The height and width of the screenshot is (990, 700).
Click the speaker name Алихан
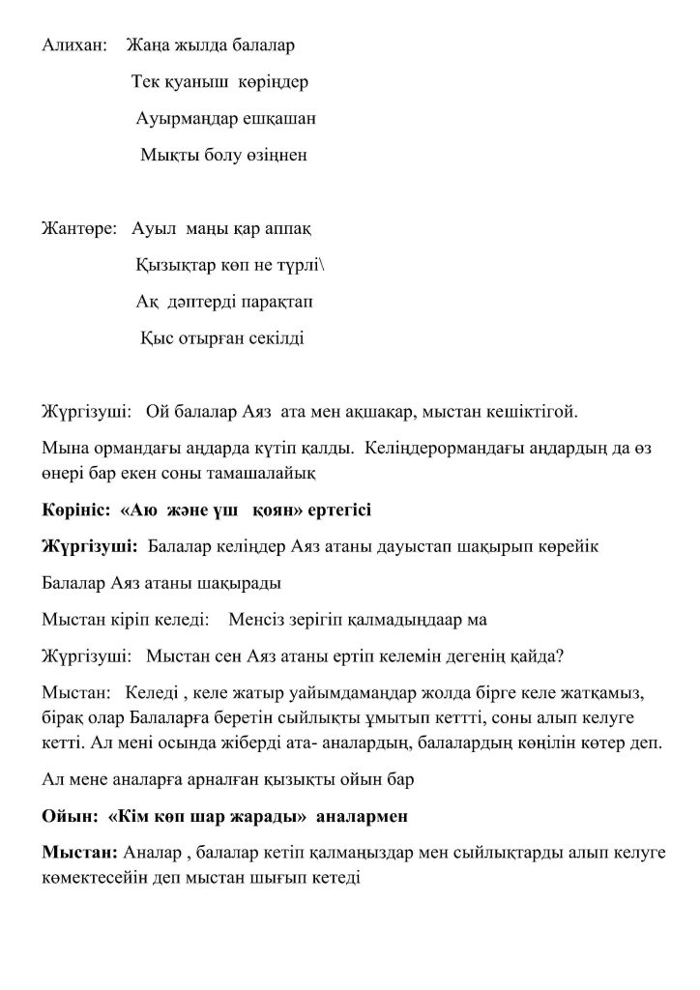point(71,45)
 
